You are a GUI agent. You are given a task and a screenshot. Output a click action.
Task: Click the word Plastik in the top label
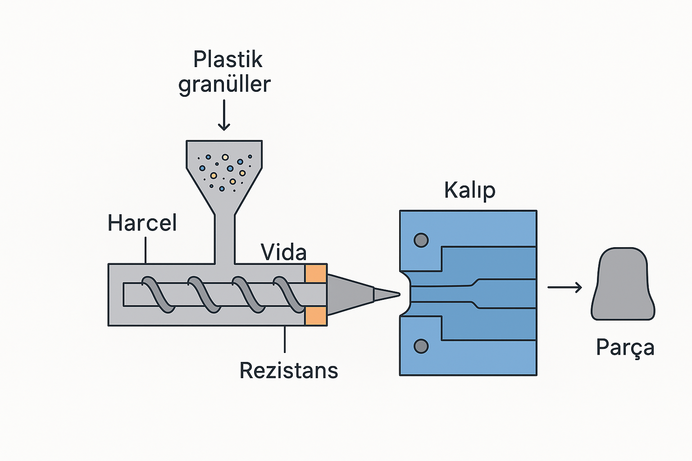click(x=228, y=60)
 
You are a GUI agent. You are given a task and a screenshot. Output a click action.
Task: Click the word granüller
click(x=224, y=85)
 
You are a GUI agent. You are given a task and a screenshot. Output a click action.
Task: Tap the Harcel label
click(x=142, y=223)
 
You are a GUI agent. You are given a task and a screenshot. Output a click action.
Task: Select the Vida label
click(x=283, y=253)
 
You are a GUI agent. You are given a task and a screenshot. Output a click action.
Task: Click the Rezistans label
click(x=288, y=371)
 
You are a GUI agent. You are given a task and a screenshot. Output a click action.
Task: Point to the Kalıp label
click(x=469, y=190)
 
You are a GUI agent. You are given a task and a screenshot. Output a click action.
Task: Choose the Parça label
click(x=625, y=348)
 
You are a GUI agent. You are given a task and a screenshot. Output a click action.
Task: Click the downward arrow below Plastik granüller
click(x=224, y=116)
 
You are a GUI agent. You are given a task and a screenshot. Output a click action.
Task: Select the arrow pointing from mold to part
click(x=565, y=287)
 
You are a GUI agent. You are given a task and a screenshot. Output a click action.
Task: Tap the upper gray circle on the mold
click(x=421, y=240)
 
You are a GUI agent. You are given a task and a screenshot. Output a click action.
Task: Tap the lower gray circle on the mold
click(x=421, y=346)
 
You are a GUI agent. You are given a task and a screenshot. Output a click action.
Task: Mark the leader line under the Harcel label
click(x=146, y=250)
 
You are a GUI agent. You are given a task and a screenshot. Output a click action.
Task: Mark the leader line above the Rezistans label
click(x=285, y=339)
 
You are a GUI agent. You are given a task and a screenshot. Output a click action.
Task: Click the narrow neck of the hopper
click(x=224, y=239)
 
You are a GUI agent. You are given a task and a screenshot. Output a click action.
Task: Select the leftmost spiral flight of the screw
click(x=158, y=294)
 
